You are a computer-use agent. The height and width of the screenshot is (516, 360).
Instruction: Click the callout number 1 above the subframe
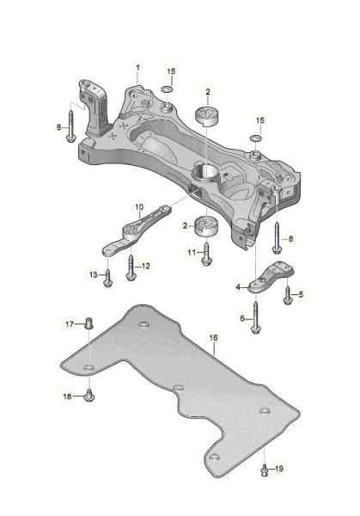pyautogui.click(x=137, y=68)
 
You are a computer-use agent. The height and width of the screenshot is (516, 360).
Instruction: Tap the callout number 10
pyautogui.click(x=139, y=207)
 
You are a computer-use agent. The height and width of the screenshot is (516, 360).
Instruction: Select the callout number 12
pyautogui.click(x=145, y=266)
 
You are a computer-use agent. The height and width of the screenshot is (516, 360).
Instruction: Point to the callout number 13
pyautogui.click(x=94, y=274)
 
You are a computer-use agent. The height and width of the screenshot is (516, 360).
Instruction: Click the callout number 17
pyautogui.click(x=70, y=324)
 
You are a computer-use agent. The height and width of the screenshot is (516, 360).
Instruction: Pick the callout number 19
pyautogui.click(x=278, y=469)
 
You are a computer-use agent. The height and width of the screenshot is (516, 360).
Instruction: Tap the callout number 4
pyautogui.click(x=238, y=287)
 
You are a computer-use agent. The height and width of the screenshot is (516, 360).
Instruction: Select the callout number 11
pyautogui.click(x=192, y=252)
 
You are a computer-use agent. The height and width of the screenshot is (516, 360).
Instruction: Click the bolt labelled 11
pyautogui.click(x=207, y=254)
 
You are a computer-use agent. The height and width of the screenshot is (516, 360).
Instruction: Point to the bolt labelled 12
pyautogui.click(x=131, y=268)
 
